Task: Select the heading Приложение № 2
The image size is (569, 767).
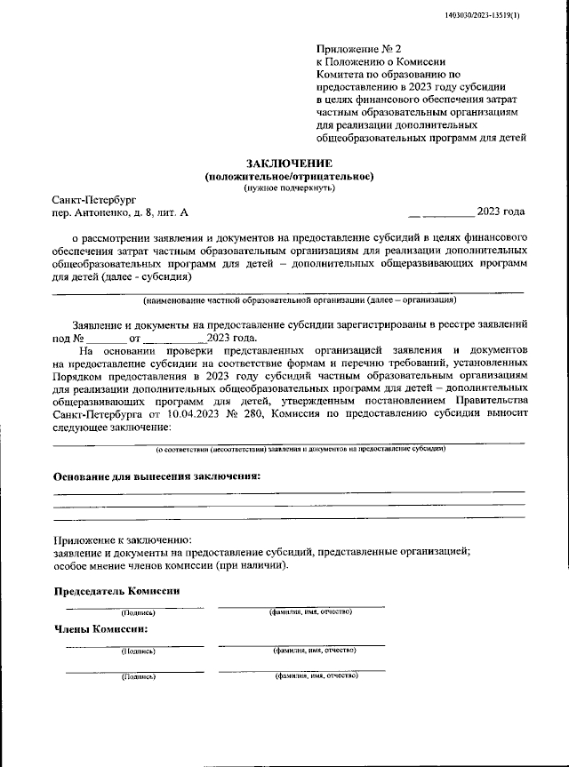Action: (x=358, y=51)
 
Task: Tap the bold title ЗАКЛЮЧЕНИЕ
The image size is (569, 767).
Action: (x=290, y=164)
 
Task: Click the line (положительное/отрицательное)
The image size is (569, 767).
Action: (x=290, y=176)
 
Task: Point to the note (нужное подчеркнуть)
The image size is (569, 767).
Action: (x=290, y=188)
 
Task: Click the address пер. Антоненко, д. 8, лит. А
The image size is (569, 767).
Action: (x=120, y=214)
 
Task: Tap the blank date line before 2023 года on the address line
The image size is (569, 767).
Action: (x=441, y=214)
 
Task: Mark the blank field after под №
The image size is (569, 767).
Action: (x=108, y=339)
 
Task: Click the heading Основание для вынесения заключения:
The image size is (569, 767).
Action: (x=157, y=476)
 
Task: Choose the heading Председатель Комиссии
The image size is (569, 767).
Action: (x=117, y=591)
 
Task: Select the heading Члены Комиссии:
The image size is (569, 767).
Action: (x=101, y=629)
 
